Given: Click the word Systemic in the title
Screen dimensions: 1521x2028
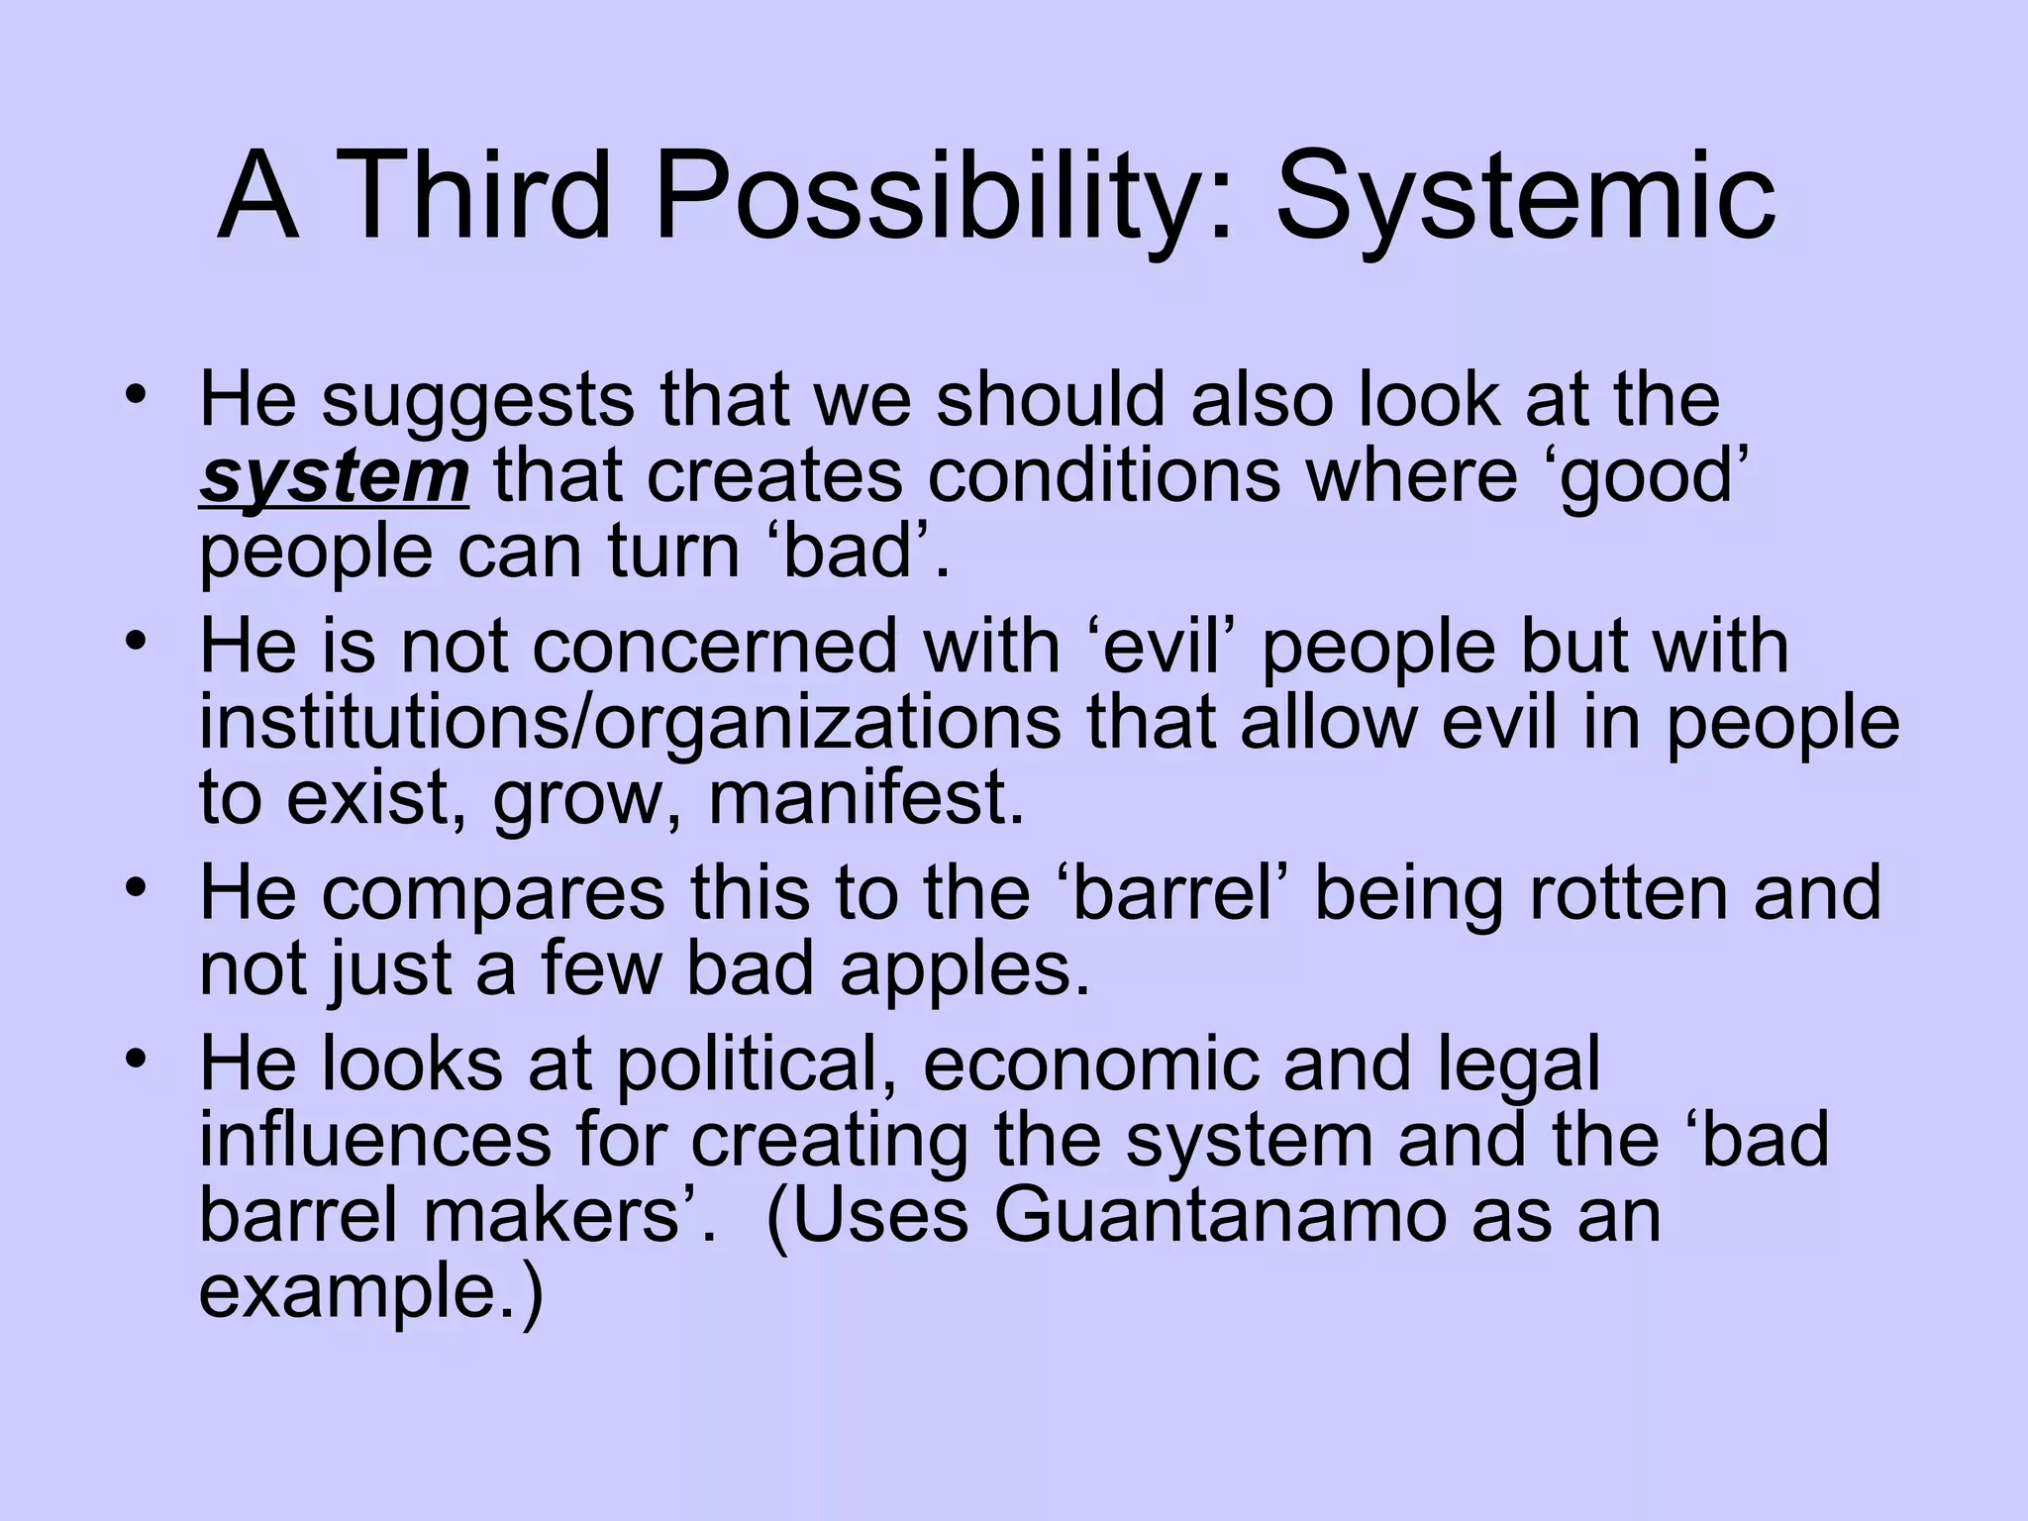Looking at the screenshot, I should [1525, 198].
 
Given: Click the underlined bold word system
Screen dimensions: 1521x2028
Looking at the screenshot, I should [334, 477].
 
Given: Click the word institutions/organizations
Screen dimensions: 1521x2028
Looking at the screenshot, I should [630, 723].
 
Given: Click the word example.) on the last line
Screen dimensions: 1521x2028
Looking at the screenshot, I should [371, 1293].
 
